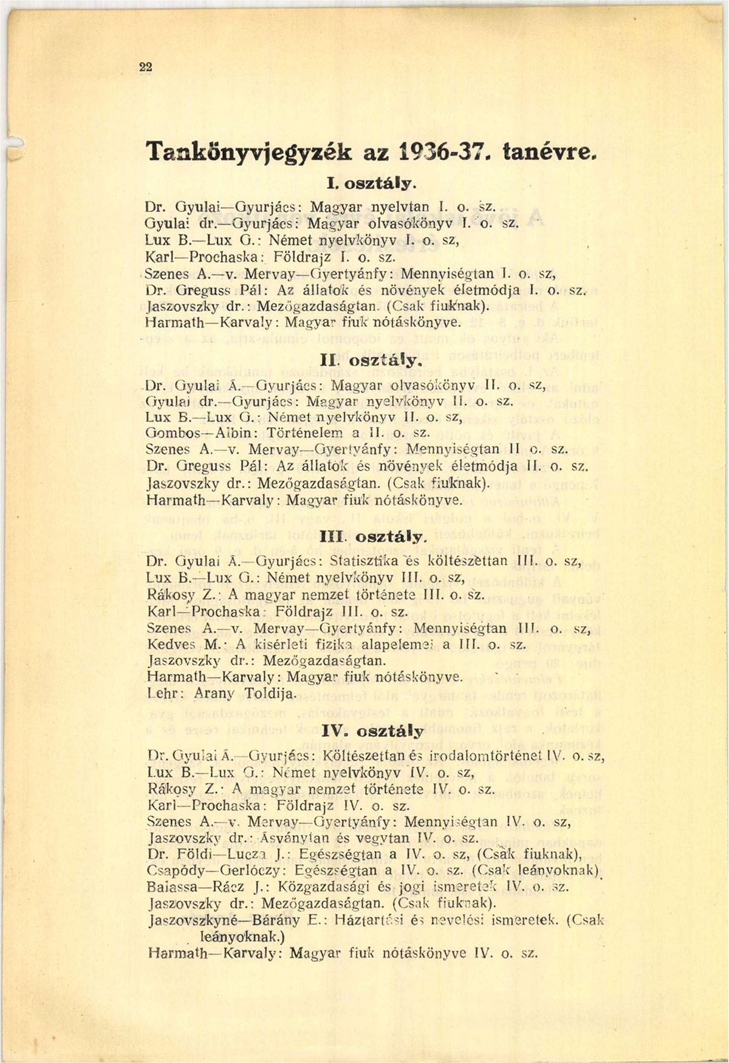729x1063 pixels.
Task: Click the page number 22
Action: (145, 68)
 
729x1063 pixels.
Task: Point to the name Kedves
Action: (170, 643)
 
